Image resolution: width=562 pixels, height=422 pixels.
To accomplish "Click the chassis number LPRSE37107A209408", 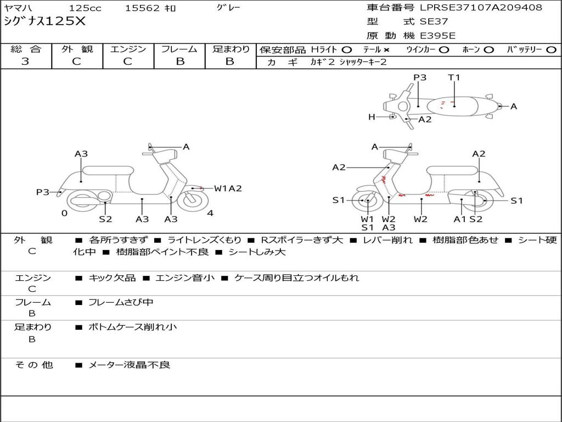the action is coord(481,8).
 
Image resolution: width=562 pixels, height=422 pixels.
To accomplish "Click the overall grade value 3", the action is coord(25,61).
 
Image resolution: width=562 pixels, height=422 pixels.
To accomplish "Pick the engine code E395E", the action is coord(438,36).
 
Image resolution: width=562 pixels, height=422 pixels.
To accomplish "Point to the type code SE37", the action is coord(434,22).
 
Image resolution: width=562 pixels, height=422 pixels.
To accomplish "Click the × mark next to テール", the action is coord(387,49).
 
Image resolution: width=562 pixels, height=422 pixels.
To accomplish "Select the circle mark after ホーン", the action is coord(489,49).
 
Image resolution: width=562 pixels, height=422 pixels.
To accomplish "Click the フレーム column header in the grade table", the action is coord(179,49).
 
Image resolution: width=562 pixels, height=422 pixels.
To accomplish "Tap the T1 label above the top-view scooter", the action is coord(454,77).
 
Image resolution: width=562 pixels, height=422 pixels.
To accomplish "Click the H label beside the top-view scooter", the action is coord(372,116).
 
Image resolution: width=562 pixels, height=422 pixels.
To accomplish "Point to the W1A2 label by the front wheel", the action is coord(228,188).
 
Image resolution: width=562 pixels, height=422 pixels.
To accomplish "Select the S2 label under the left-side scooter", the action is coord(105,219).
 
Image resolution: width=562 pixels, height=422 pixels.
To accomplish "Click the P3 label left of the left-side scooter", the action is coord(43,192).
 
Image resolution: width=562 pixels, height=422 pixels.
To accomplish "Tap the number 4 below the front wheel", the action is coord(210,213).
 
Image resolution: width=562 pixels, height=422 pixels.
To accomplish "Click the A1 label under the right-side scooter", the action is coord(459,219).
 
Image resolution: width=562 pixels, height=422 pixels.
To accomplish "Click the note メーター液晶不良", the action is coord(130,364).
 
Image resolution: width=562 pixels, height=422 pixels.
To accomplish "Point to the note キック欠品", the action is coord(112,278).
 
